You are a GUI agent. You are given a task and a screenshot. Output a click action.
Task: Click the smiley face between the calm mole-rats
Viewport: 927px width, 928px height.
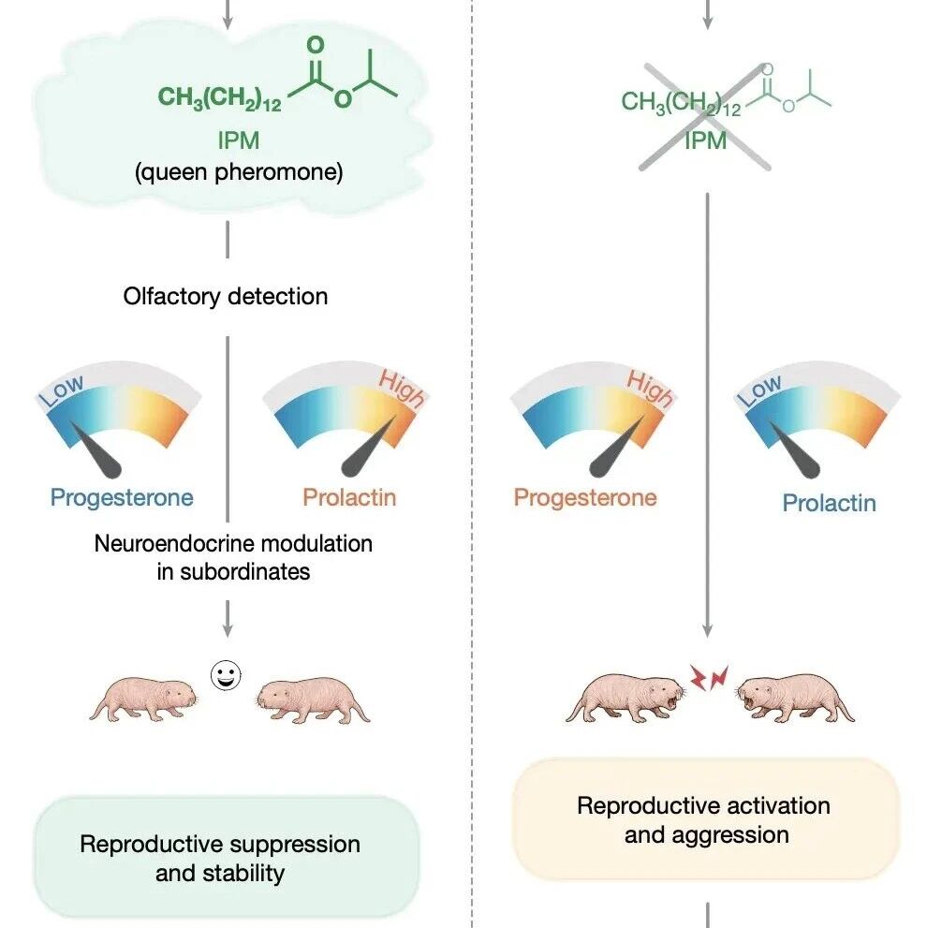pos(226,675)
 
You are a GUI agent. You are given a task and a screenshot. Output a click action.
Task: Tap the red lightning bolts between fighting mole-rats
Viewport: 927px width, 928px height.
pos(709,678)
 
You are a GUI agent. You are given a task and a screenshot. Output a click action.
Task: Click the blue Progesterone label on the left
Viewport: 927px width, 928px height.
pos(122,498)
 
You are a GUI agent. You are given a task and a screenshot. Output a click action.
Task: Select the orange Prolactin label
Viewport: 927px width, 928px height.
pos(349,497)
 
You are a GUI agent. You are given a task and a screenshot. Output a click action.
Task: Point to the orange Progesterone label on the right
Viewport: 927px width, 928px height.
pos(585,498)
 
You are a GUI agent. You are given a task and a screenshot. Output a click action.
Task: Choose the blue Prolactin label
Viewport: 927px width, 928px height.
pos(830,503)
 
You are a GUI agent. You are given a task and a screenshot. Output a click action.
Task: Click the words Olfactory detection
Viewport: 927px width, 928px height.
pos(226,296)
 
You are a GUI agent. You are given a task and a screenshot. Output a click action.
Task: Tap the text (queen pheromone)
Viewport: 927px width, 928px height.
pos(239,172)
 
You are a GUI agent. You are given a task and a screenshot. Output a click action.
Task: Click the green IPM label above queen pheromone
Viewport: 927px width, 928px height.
pos(239,140)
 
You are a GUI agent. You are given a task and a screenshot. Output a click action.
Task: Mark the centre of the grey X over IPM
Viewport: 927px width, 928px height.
pos(705,117)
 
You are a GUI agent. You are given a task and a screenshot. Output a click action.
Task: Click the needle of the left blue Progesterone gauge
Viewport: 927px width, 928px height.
pos(96,449)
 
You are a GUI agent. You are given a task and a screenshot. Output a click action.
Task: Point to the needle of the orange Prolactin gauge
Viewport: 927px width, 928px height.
pos(368,446)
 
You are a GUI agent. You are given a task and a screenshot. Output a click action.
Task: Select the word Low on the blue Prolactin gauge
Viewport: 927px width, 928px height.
pos(759,390)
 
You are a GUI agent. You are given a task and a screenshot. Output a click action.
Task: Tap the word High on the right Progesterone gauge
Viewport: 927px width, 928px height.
pos(650,389)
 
